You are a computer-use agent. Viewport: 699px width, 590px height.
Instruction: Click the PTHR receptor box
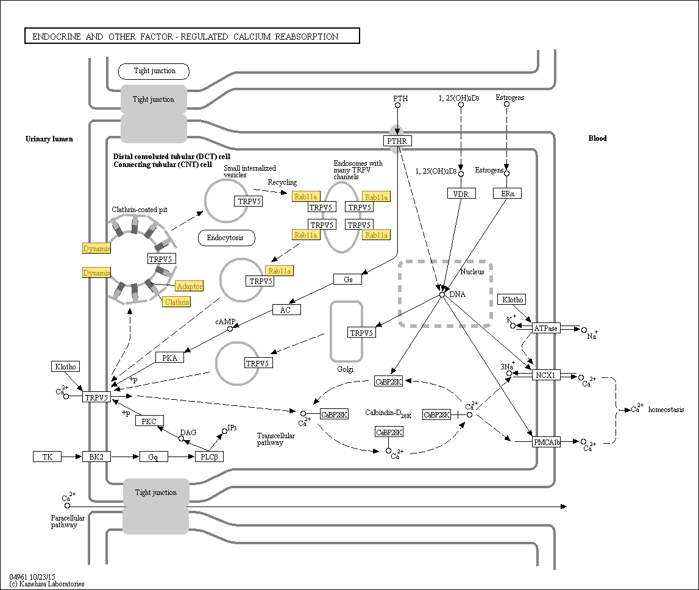(x=398, y=141)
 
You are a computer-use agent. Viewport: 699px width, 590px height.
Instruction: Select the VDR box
(x=461, y=193)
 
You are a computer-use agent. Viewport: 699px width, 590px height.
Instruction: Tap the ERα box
(x=508, y=193)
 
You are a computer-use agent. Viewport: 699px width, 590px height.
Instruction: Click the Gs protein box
(x=348, y=279)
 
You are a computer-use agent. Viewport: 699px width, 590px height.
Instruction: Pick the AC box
(x=286, y=310)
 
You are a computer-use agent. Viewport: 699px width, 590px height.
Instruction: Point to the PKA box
(x=169, y=358)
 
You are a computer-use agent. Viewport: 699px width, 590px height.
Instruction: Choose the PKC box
(x=149, y=421)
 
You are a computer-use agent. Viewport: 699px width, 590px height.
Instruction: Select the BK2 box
(x=96, y=457)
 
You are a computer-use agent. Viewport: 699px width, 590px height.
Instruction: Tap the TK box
(x=47, y=457)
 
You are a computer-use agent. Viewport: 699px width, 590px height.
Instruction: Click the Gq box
(x=154, y=457)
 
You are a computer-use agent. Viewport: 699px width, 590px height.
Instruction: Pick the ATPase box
(x=545, y=329)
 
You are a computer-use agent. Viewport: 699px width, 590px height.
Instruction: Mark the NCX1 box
(x=545, y=375)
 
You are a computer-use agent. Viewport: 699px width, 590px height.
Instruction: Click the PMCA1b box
(x=546, y=442)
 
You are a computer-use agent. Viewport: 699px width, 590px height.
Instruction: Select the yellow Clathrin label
(x=177, y=302)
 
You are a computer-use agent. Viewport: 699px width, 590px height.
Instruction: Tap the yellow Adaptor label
(x=189, y=286)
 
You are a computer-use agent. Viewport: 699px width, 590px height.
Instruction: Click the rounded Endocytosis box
(x=226, y=238)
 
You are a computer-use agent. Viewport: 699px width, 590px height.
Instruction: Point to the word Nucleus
(x=472, y=272)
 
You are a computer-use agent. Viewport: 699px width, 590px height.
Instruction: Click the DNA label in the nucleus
(x=457, y=294)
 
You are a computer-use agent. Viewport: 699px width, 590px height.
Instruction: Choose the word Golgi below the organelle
(x=346, y=369)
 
